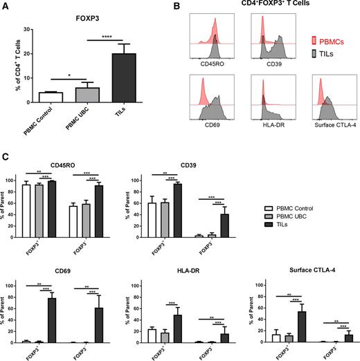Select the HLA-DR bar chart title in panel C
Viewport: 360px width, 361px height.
[x=168, y=268]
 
